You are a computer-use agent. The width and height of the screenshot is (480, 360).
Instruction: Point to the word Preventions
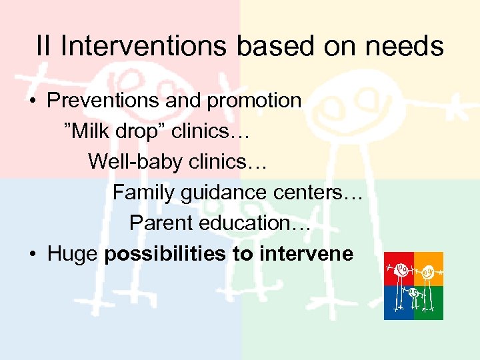(x=99, y=101)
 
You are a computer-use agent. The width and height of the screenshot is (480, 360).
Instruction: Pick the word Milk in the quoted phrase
(x=91, y=131)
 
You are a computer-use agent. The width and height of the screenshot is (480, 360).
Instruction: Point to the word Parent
(x=158, y=223)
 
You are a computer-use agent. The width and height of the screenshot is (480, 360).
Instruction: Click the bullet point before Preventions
(x=33, y=101)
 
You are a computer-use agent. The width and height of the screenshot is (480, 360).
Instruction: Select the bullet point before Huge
(x=33, y=255)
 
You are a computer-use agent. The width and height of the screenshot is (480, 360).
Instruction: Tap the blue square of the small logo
(x=399, y=303)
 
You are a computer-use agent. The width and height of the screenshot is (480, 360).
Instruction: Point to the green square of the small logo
(x=429, y=303)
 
